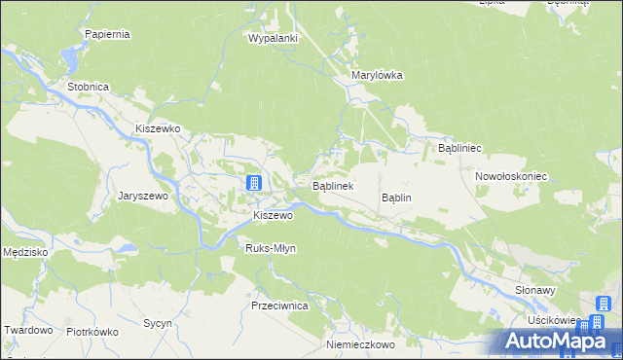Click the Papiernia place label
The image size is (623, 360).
pyautogui.click(x=107, y=34)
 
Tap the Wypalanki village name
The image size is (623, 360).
pyautogui.click(x=273, y=38)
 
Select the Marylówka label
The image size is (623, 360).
pyautogui.click(x=377, y=75)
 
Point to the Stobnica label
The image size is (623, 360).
pyautogui.click(x=88, y=87)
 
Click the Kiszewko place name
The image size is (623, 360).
pyautogui.click(x=159, y=128)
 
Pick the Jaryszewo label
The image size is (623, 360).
pyautogui.click(x=144, y=196)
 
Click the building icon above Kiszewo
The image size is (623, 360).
pyautogui.click(x=253, y=183)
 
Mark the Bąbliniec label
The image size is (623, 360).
pyautogui.click(x=460, y=149)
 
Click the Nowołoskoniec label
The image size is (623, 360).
pyautogui.click(x=512, y=177)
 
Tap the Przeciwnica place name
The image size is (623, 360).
pyautogui.click(x=279, y=306)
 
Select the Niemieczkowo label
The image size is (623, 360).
pyautogui.click(x=360, y=345)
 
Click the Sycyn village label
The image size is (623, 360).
pyautogui.click(x=157, y=323)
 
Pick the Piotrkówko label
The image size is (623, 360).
pyautogui.click(x=92, y=332)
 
